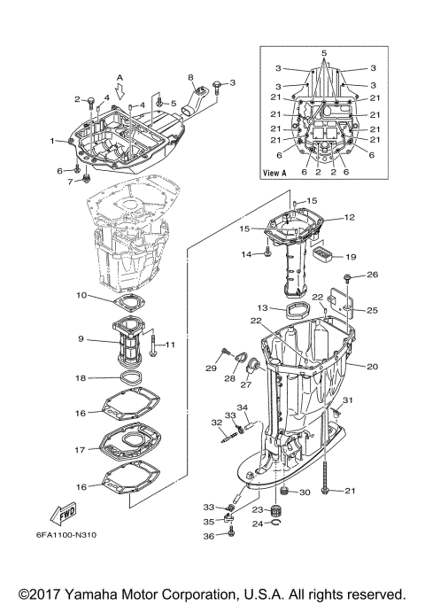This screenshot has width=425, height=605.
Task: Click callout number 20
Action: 372,366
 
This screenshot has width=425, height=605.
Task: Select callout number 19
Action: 351,257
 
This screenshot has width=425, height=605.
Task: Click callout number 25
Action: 372,310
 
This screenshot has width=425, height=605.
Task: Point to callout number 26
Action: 373,275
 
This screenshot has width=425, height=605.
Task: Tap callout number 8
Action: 189,78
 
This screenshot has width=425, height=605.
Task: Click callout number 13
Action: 263,307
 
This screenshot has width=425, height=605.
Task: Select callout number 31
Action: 347,402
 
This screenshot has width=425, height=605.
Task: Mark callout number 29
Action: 212,368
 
